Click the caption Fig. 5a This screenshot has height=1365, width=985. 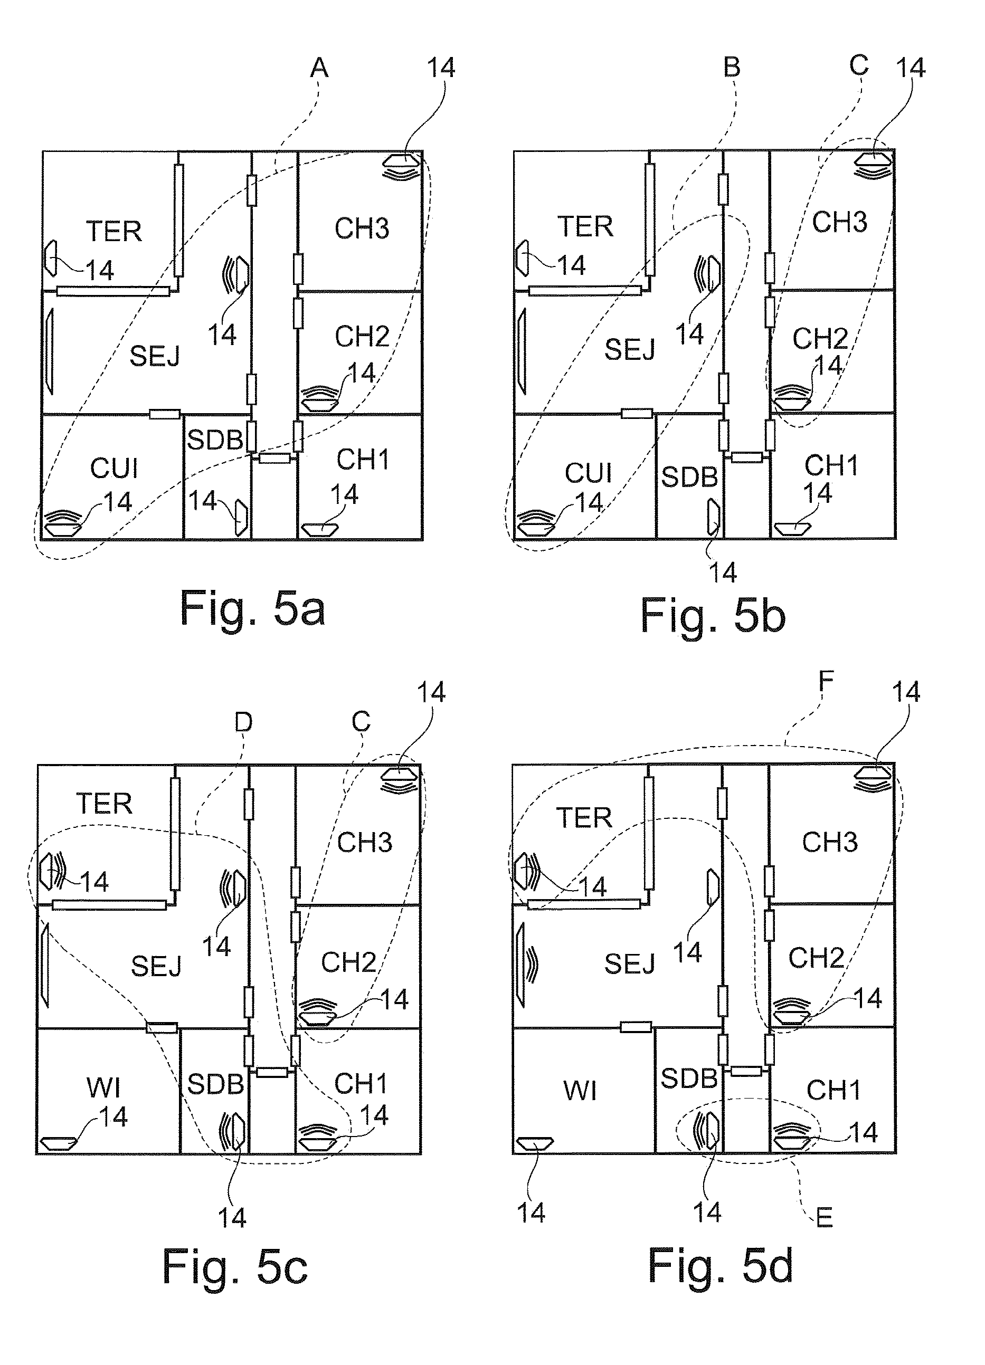pyautogui.click(x=252, y=609)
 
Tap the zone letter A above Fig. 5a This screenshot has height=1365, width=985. pyautogui.click(x=319, y=69)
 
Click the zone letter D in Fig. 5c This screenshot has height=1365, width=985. pyautogui.click(x=243, y=722)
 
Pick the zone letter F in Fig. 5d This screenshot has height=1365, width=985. pyautogui.click(x=826, y=681)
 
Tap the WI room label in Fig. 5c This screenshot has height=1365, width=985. pyautogui.click(x=103, y=1087)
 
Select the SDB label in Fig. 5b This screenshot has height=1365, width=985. pyautogui.click(x=689, y=478)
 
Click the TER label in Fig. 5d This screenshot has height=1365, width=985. pyautogui.click(x=583, y=818)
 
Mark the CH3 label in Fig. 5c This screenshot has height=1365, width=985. pyautogui.click(x=364, y=843)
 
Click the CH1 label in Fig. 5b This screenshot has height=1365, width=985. pyautogui.click(x=831, y=465)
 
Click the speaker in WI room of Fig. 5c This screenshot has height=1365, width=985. pyautogui.click(x=59, y=1142)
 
